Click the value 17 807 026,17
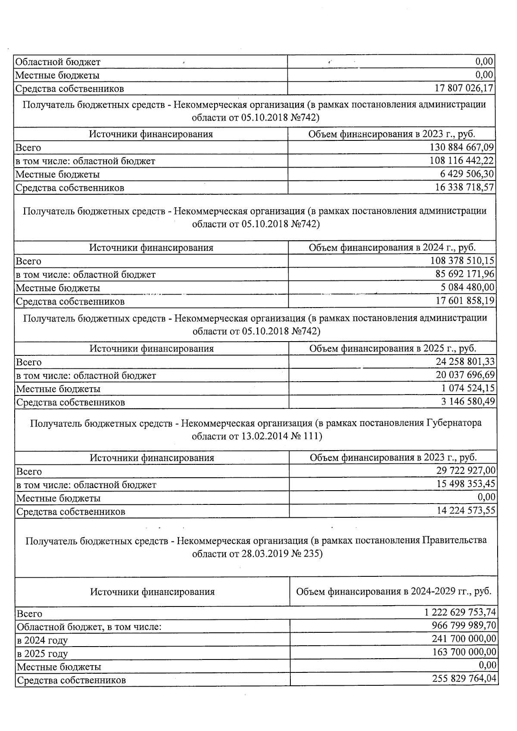tap(464, 88)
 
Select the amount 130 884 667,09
tap(462, 147)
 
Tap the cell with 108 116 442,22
tap(462, 161)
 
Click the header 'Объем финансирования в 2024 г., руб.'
tap(392, 248)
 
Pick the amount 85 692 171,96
tap(465, 274)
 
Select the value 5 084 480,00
tap(468, 287)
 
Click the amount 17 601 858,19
tap(465, 301)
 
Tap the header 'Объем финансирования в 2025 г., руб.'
tap(392, 348)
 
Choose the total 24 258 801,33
tap(465, 361)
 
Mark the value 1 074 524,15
tap(468, 388)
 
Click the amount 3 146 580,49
tap(468, 401)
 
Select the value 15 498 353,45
tap(466, 484)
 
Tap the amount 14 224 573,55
tap(466, 511)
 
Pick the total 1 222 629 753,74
tap(460, 612)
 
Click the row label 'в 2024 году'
tap(42, 640)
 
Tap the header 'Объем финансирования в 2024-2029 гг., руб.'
tap(393, 591)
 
